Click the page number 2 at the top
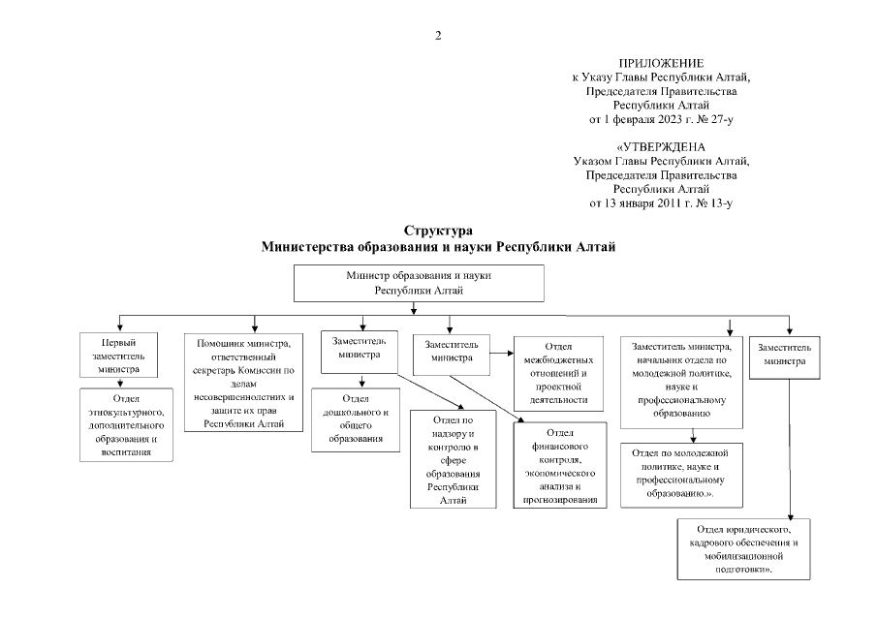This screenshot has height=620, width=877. (x=438, y=37)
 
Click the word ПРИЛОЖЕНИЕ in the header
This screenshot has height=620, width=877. (x=661, y=63)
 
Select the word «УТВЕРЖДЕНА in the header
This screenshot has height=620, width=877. (x=661, y=146)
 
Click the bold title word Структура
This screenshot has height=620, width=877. (x=439, y=232)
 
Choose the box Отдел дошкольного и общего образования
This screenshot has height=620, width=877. (x=356, y=419)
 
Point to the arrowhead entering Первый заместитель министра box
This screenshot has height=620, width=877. (x=118, y=327)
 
